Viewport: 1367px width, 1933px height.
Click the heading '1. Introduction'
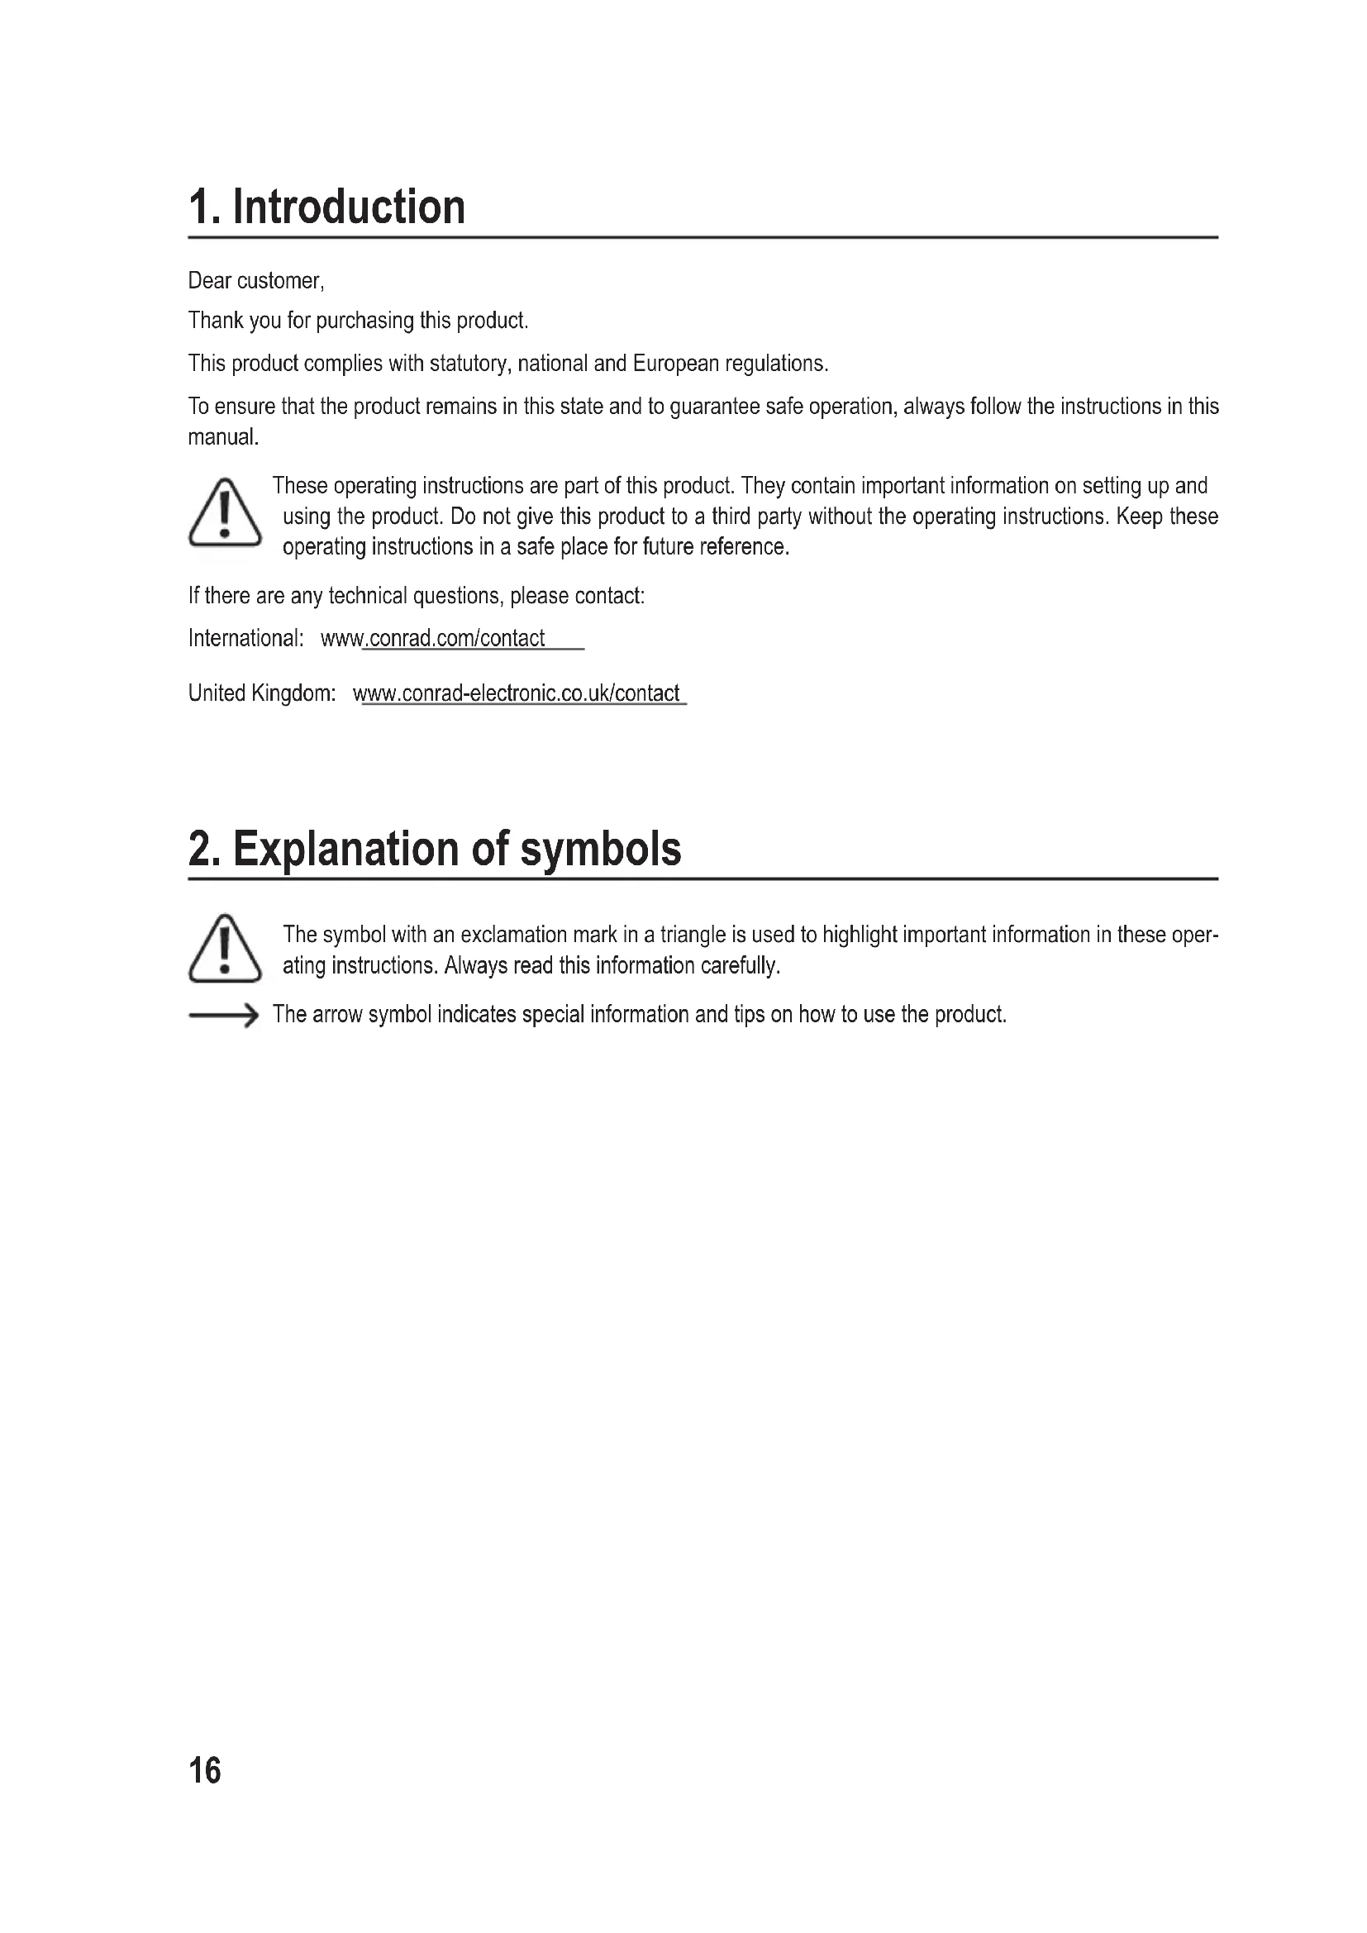(326, 207)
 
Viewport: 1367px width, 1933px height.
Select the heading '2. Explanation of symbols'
(435, 849)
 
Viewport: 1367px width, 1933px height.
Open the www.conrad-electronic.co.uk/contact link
(516, 693)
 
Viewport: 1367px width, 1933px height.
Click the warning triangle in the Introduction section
(225, 512)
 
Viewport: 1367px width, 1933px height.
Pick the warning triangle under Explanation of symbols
(225, 949)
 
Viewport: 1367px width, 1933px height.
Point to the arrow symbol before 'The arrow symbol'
(223, 1016)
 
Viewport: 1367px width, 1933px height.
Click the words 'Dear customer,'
(256, 281)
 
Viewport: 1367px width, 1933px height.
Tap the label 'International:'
(245, 639)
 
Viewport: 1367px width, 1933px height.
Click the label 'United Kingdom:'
(262, 693)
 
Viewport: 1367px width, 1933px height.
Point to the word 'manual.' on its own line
(223, 437)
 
